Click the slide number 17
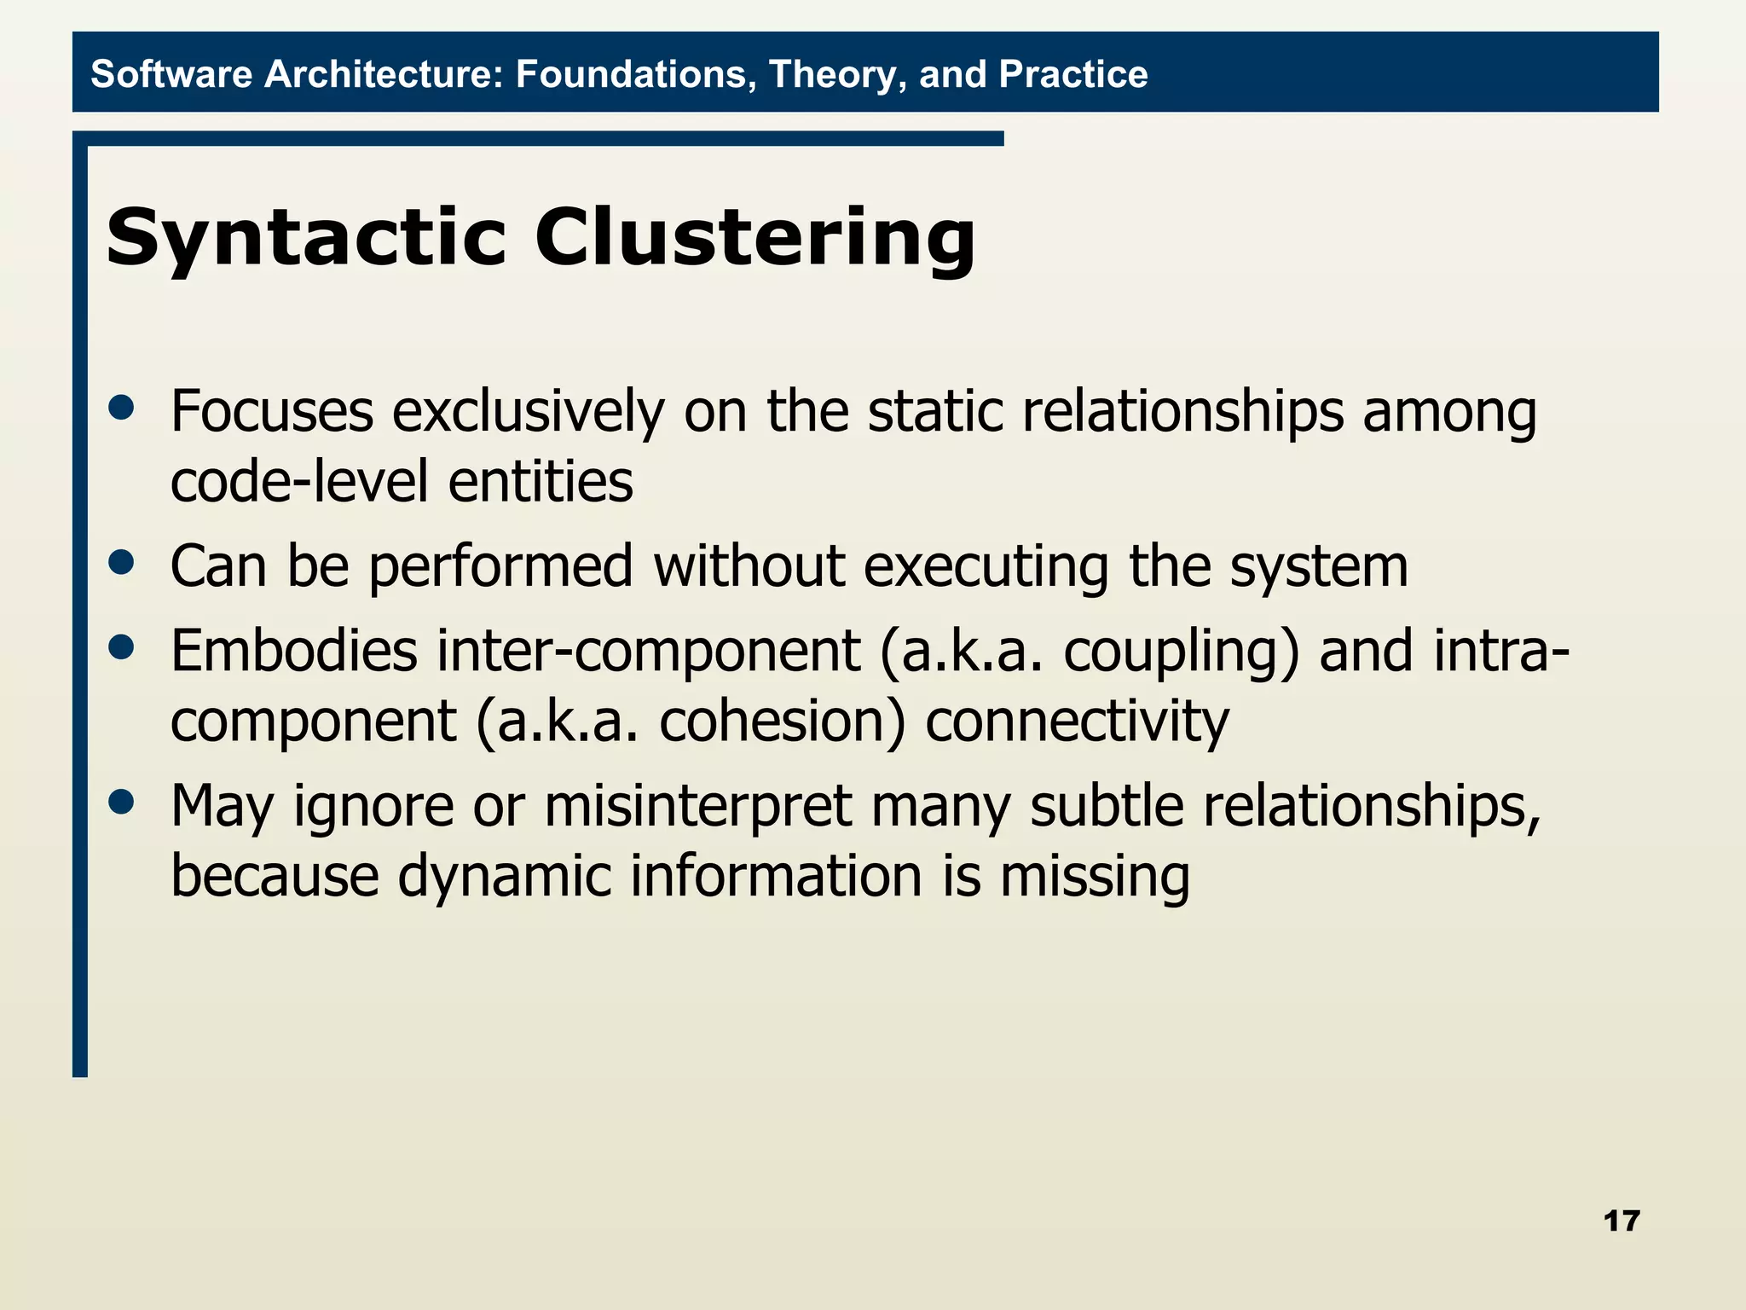pyautogui.click(x=1621, y=1221)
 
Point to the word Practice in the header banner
pyautogui.click(x=1072, y=74)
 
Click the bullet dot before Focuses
pyautogui.click(x=122, y=408)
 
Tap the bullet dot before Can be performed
pyautogui.click(x=122, y=562)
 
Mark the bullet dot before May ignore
pyautogui.click(x=122, y=802)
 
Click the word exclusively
pyautogui.click(x=527, y=412)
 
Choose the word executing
pyautogui.click(x=986, y=567)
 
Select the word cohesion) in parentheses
pyautogui.click(x=782, y=722)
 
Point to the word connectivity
pyautogui.click(x=1077, y=722)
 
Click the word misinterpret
pyautogui.click(x=697, y=807)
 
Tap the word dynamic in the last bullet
pyautogui.click(x=504, y=877)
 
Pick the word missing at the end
pyautogui.click(x=1094, y=877)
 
